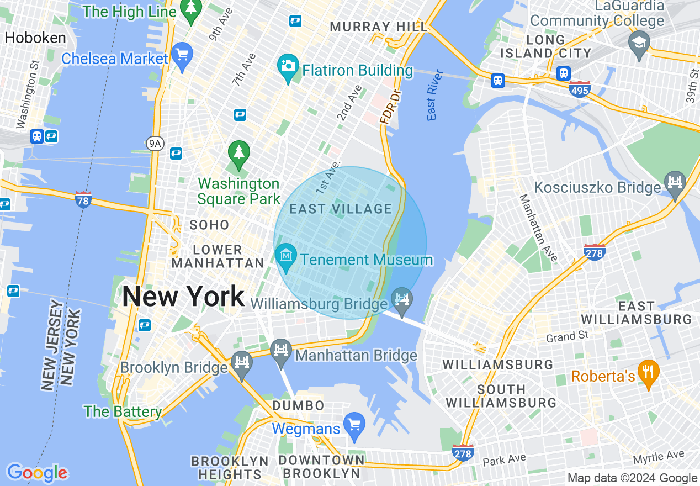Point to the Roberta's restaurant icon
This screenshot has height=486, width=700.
(648, 372)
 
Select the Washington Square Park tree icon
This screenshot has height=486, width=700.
(239, 154)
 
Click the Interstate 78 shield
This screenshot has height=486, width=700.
(83, 200)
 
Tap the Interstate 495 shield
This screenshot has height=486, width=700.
(580, 89)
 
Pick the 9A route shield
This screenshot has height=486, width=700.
(156, 144)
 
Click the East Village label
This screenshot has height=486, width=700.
(341, 209)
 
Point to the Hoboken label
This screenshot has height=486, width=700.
(35, 38)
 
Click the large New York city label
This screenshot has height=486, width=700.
(183, 297)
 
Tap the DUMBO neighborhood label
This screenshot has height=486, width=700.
(299, 405)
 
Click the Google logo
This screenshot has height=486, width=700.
(37, 472)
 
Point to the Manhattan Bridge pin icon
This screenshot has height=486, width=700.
(282, 352)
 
